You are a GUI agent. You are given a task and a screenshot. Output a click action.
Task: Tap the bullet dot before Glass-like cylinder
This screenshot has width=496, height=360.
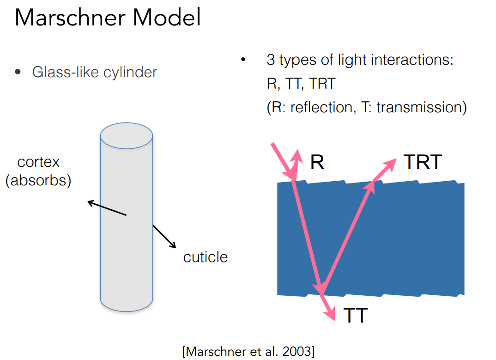click(18, 72)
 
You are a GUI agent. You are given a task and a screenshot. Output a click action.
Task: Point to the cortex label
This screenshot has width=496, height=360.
click(39, 162)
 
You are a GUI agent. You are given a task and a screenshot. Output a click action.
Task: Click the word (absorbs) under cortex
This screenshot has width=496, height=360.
click(38, 180)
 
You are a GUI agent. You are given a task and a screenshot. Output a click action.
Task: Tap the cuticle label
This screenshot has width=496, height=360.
click(206, 257)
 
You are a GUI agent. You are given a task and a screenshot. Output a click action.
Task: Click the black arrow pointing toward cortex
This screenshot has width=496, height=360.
click(107, 208)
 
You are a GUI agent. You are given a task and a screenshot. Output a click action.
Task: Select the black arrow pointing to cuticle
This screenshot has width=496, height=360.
click(164, 237)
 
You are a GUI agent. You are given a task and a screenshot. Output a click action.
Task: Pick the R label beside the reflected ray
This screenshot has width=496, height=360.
click(317, 162)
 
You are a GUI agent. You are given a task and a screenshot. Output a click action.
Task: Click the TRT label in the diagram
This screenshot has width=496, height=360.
click(423, 162)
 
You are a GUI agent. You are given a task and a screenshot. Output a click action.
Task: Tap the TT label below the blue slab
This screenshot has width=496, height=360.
click(355, 315)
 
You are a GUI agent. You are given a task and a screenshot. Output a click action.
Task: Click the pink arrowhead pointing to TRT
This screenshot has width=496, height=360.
click(391, 162)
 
